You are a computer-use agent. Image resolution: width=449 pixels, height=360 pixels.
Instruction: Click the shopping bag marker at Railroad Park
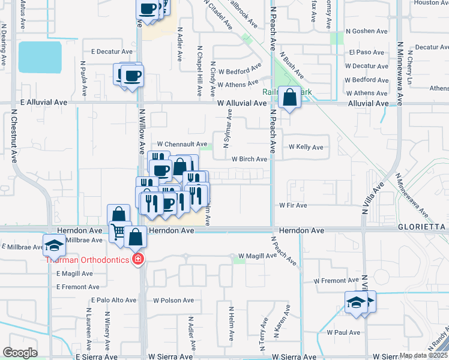[x=289, y=97]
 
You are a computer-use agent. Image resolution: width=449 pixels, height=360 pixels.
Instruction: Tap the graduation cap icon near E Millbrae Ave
[x=54, y=245]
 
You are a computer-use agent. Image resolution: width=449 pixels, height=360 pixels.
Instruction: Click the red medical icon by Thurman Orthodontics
[x=139, y=259]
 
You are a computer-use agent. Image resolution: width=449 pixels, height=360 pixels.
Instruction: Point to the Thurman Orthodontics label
[x=89, y=260]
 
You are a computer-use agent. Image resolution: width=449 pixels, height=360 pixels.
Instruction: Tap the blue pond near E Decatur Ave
[x=40, y=57]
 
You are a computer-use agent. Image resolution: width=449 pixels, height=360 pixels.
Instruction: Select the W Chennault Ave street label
[x=182, y=144]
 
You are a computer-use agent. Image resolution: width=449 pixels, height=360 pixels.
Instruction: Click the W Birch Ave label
[x=249, y=159]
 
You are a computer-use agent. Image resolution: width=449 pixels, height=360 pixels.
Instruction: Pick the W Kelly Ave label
[x=306, y=147]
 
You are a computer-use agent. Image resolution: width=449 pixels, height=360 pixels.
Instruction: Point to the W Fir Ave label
[x=293, y=205]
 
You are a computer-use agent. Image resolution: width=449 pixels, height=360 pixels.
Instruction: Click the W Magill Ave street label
[x=257, y=256]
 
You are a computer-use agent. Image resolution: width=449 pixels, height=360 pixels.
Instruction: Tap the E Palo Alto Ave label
[x=113, y=300]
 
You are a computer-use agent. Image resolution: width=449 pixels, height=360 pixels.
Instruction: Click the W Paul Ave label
[x=343, y=332]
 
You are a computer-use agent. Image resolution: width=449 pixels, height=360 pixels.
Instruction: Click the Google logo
[x=20, y=353]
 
